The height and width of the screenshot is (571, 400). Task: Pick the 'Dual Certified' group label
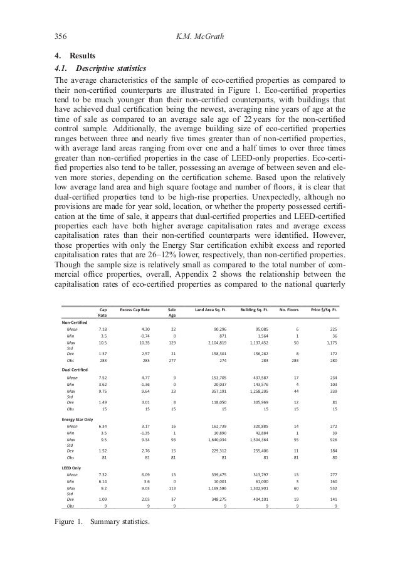(x=76, y=368)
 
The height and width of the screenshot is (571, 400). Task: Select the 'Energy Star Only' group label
(x=78, y=419)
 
